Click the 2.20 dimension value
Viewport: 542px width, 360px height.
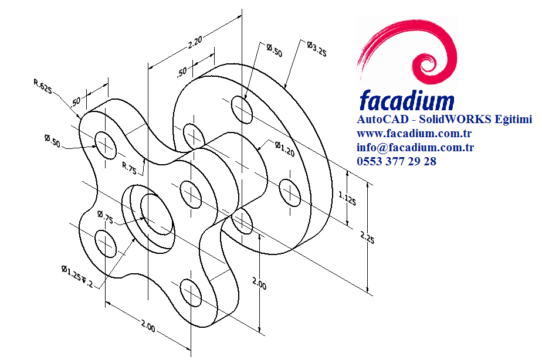pyautogui.click(x=195, y=42)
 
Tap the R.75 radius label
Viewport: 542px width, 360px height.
pyautogui.click(x=129, y=168)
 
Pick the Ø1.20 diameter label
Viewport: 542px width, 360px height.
pyautogui.click(x=284, y=151)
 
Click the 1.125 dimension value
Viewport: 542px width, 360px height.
pyautogui.click(x=348, y=199)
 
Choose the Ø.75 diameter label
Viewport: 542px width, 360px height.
pyautogui.click(x=106, y=218)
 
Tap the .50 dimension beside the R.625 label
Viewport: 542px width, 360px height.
pyautogui.click(x=76, y=101)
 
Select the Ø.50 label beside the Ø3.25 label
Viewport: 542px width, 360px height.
pyautogui.click(x=273, y=51)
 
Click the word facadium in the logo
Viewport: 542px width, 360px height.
pyautogui.click(x=406, y=100)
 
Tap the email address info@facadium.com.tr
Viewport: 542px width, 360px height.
pyautogui.click(x=415, y=147)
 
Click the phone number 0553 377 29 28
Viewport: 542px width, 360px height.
pyautogui.click(x=396, y=161)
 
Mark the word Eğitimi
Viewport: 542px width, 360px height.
pyautogui.click(x=513, y=120)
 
